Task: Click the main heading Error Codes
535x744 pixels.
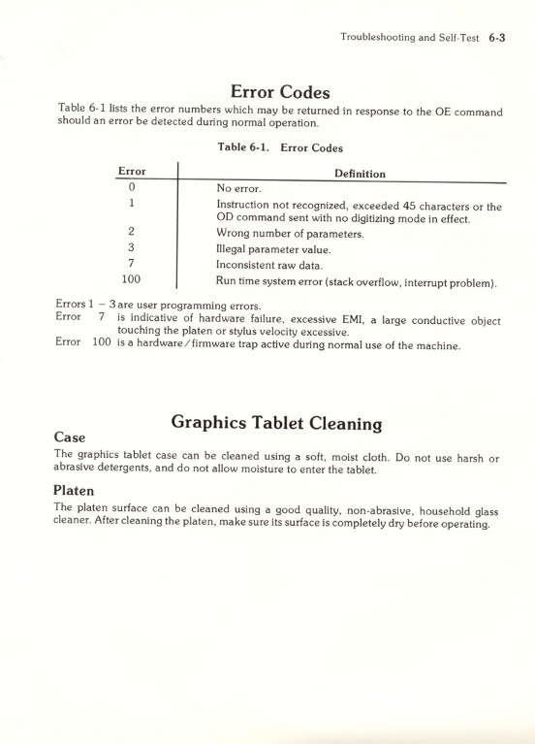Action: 281,92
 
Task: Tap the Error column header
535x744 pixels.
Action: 131,172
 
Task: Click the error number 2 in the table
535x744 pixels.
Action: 131,233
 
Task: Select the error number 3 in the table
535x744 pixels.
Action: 131,248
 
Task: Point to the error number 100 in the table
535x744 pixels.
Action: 131,280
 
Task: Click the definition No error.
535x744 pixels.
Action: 239,188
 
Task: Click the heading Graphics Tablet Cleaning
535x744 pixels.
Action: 276,423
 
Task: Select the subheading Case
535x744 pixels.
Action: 72,438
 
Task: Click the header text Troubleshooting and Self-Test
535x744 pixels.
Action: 408,38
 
